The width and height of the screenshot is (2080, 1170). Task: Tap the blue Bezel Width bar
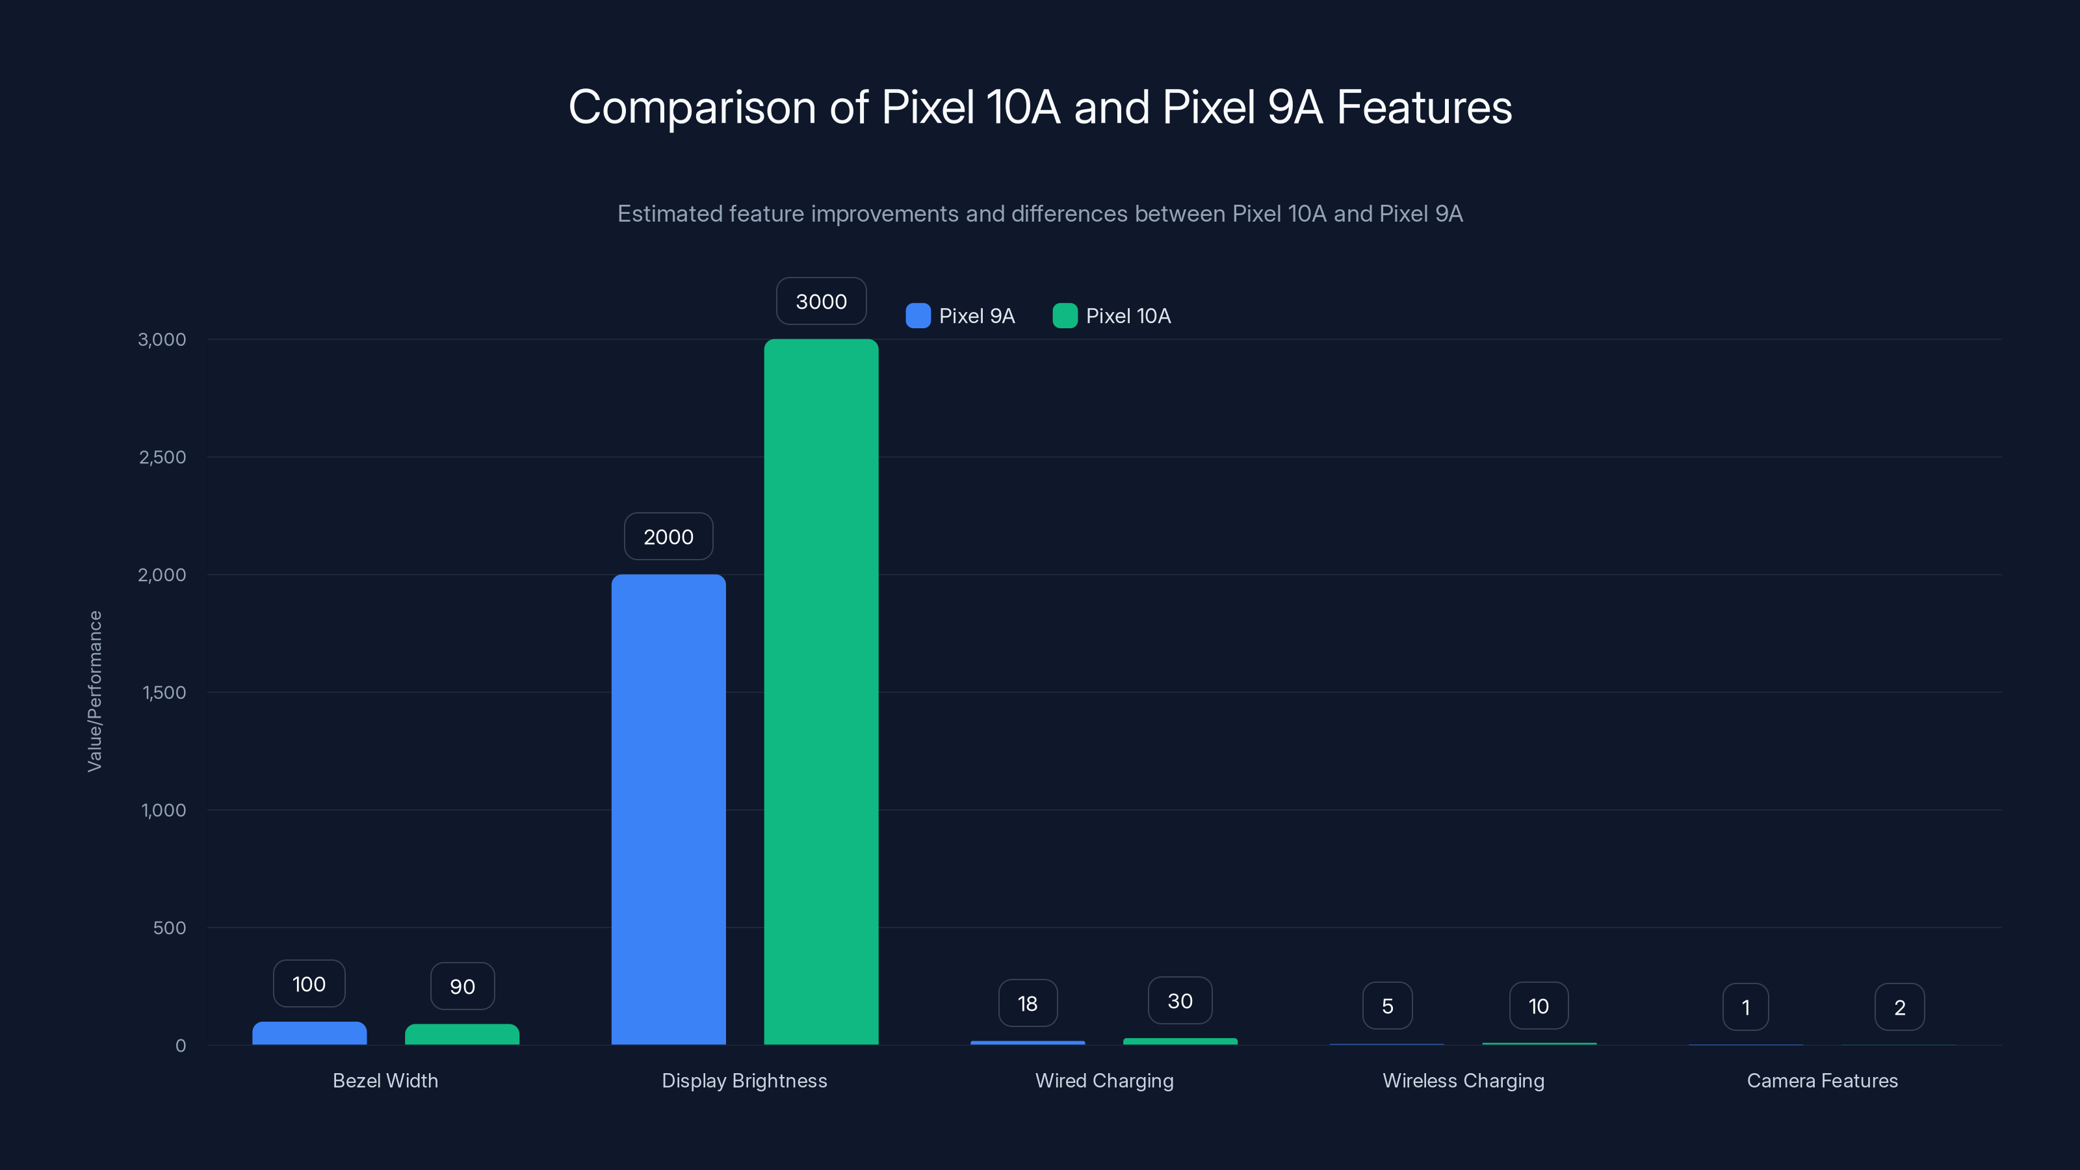[309, 1033]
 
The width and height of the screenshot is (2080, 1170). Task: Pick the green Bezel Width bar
[462, 1034]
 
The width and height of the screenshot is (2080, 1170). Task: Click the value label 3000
[821, 301]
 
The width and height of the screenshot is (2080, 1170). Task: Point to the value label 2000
[669, 537]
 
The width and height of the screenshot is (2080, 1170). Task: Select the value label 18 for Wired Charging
[1027, 1004]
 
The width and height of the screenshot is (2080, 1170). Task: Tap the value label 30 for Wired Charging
[1180, 1001]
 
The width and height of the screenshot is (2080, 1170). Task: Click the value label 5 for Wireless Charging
[1387, 1006]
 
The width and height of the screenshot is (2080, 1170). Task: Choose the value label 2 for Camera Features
[1899, 1007]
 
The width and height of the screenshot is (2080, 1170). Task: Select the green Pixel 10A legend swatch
[1065, 316]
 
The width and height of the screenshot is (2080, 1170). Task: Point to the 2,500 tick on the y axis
[162, 457]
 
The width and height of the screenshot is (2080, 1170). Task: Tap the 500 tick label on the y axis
[170, 928]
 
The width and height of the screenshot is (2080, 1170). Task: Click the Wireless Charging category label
[1463, 1080]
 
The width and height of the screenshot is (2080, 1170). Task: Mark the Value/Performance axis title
[94, 691]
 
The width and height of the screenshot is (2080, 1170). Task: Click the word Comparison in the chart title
[692, 107]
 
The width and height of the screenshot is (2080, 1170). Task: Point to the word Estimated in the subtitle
[669, 214]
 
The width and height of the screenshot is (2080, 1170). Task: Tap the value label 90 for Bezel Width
[462, 987]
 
